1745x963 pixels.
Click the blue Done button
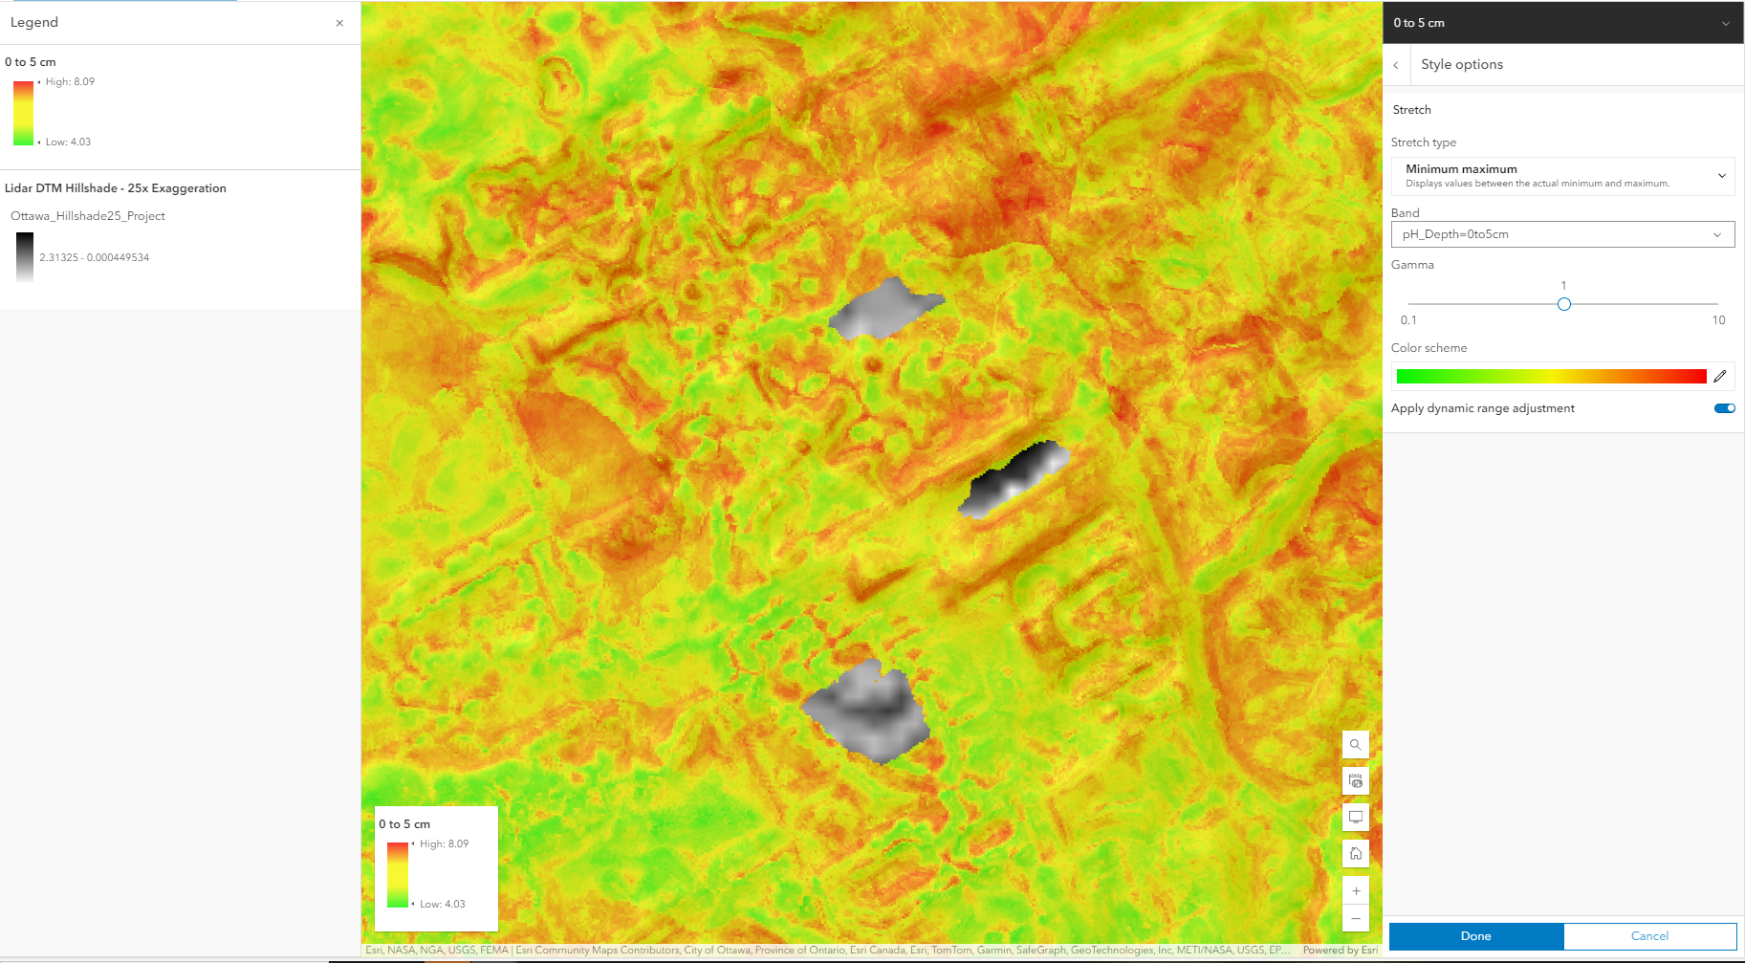1475,936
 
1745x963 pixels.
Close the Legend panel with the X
339,23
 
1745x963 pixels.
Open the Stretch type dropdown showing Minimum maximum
1562,176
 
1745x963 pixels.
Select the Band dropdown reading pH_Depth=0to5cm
1562,234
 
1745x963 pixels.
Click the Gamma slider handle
1564,304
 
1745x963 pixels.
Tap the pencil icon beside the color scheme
1719,376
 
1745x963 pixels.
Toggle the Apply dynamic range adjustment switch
1725,408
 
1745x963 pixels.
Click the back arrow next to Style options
1396,65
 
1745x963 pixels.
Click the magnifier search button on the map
1355,744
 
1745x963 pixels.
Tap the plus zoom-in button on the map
1355,891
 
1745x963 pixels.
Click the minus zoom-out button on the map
1355,919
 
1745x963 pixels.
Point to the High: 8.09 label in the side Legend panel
70,82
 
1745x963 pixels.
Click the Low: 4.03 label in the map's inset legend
443,904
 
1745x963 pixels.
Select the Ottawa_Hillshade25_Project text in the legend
88,216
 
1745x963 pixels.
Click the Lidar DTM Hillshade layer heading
116,188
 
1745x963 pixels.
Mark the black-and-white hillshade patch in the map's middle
1014,478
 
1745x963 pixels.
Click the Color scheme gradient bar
1551,376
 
